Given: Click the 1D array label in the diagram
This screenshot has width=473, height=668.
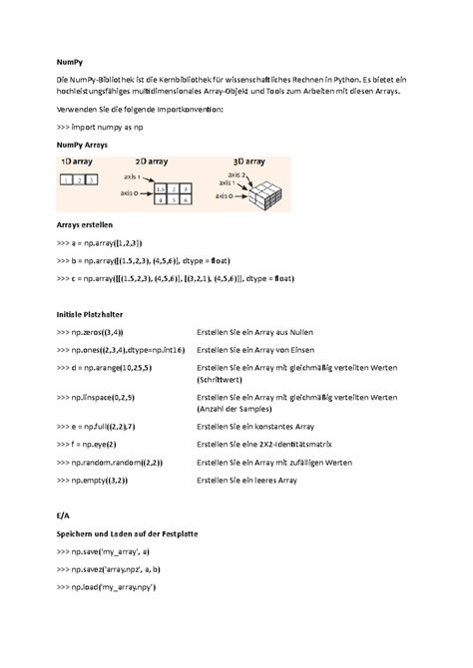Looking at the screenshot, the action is pos(79,162).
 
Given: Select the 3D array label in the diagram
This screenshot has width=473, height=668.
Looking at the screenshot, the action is pos(242,162).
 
